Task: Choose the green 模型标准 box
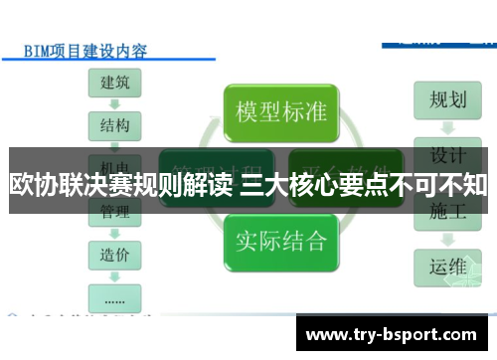[280, 110]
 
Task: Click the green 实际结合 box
[280, 240]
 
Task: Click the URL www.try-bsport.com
[398, 332]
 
